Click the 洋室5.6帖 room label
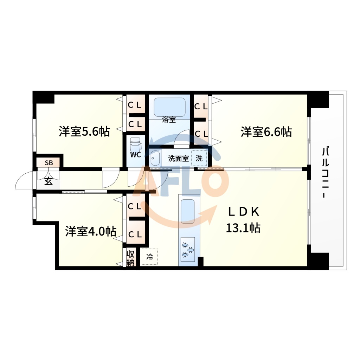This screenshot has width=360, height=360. point(84,132)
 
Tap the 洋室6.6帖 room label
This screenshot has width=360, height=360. point(266,132)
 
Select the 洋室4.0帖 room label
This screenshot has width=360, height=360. point(91,232)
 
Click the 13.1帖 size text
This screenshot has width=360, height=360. point(243,229)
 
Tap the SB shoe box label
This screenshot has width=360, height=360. point(49,163)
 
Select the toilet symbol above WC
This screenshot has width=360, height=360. point(135,144)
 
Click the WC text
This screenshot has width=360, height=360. point(135,155)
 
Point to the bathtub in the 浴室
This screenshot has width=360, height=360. point(169,107)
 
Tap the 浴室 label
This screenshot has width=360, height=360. point(169,120)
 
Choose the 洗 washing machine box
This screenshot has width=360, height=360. point(199,158)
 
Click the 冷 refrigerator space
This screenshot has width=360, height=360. point(149,257)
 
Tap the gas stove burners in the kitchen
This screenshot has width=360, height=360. point(188,250)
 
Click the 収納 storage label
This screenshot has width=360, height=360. point(131,258)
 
